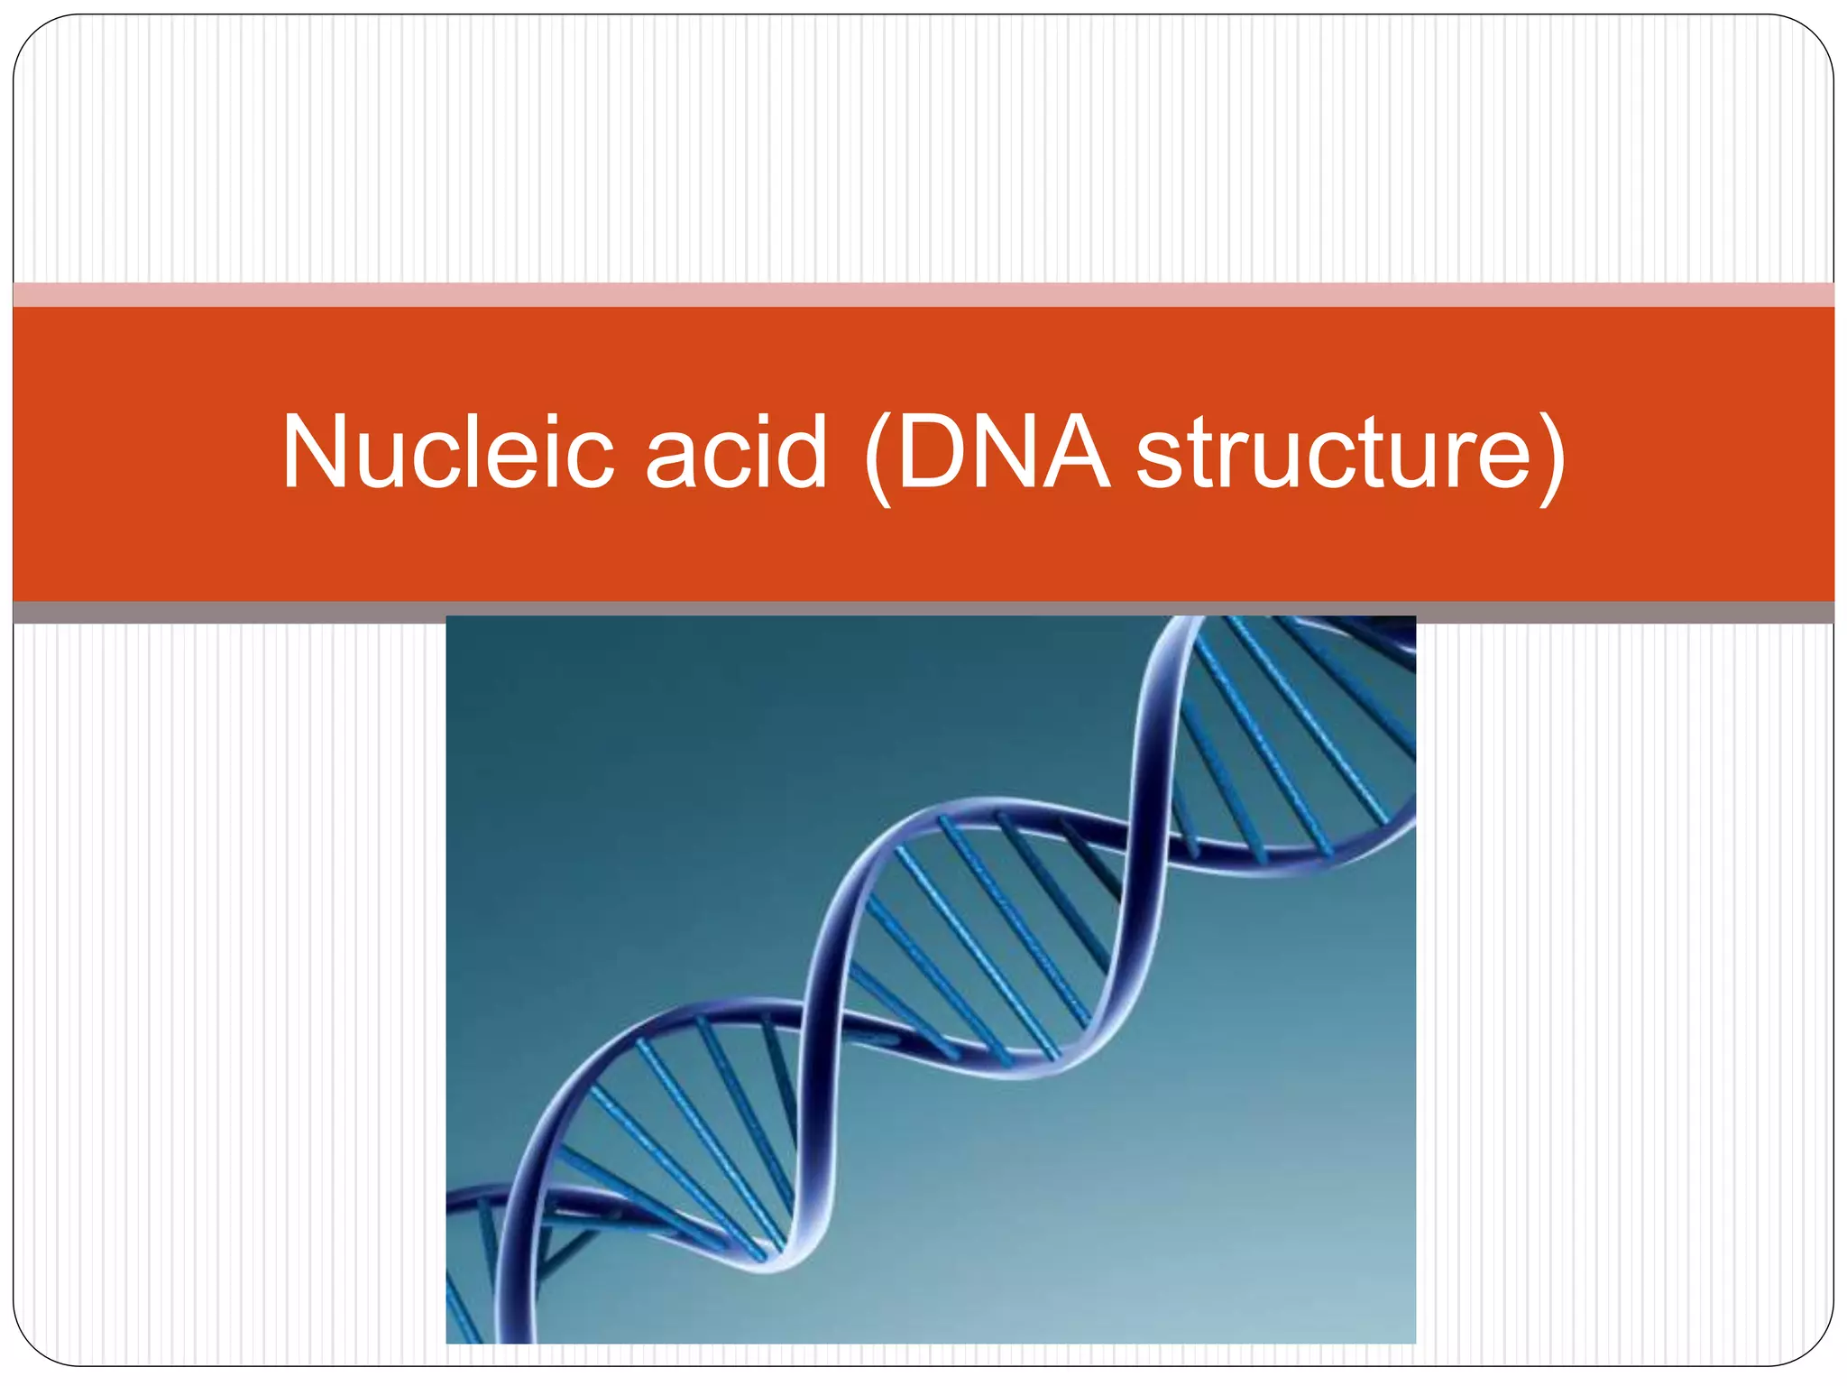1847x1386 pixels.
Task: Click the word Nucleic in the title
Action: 447,453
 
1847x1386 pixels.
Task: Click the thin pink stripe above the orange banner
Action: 923,294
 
